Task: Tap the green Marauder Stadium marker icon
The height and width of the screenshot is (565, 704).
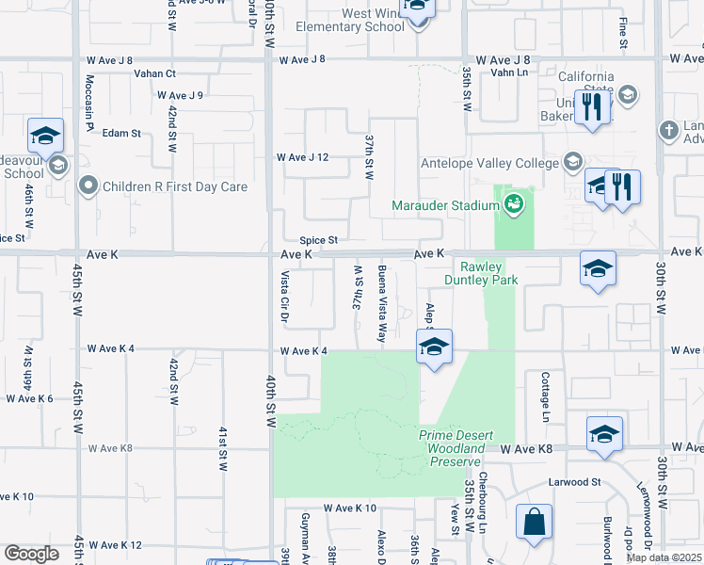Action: pos(513,202)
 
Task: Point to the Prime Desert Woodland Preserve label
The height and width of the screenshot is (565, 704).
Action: pos(452,441)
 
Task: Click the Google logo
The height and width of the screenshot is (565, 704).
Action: pos(31,554)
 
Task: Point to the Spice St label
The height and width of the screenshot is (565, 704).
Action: pos(318,241)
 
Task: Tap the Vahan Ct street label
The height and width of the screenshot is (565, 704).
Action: pos(154,73)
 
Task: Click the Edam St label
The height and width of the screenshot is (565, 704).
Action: pos(121,134)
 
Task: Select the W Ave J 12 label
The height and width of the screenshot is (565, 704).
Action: pos(301,157)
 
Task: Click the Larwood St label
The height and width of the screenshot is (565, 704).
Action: pos(575,482)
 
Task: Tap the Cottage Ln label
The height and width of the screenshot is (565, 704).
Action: pos(545,395)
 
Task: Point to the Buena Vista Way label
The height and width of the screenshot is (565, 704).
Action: pos(383,302)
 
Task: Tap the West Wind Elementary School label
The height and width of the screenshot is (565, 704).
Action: pos(360,20)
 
